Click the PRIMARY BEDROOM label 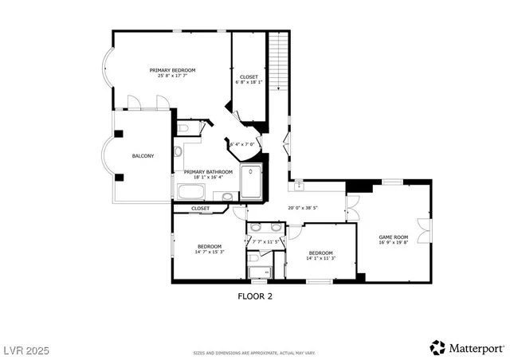click(x=172, y=70)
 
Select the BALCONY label click(x=143, y=155)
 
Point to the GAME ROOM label click(x=393, y=237)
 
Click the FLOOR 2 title click(x=255, y=295)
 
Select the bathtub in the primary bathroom click(x=191, y=192)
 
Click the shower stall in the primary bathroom click(x=251, y=182)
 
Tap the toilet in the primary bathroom click(x=182, y=127)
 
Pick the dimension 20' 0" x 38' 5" click(x=302, y=209)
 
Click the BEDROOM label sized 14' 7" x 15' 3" click(x=210, y=246)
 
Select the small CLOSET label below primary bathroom click(x=200, y=209)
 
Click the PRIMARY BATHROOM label click(x=208, y=172)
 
